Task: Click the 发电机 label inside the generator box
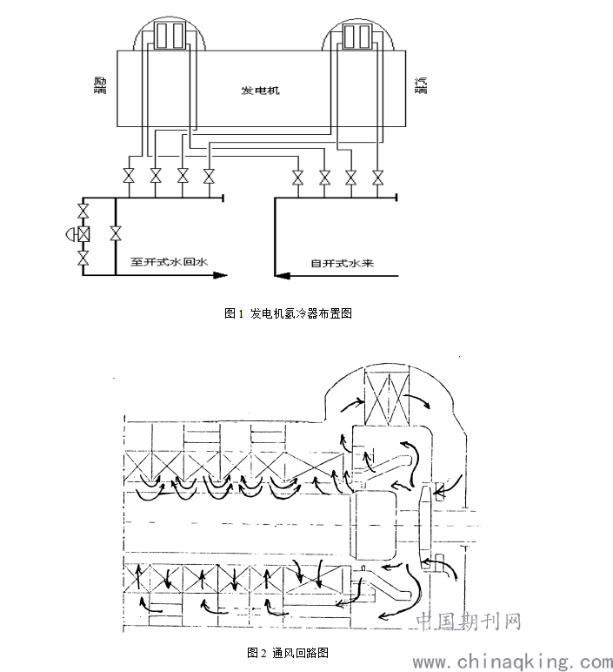tap(260, 91)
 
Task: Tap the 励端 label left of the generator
tap(100, 85)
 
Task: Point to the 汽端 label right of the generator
tap(421, 85)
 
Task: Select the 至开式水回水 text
tap(169, 261)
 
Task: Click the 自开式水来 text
tap(343, 263)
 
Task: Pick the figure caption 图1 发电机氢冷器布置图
tap(288, 313)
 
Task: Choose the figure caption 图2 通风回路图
tap(288, 653)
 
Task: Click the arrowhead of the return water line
tap(220, 275)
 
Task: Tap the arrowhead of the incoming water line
tap(282, 276)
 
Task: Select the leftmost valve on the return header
tap(129, 176)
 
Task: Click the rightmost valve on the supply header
tap(377, 177)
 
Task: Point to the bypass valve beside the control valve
tap(116, 233)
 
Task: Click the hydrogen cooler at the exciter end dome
tap(170, 36)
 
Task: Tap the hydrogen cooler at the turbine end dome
tap(357, 36)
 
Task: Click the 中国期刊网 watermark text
tap(469, 621)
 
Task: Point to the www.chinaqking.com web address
tap(512, 662)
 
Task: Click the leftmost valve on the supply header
tap(298, 177)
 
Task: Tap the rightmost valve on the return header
tap(209, 176)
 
